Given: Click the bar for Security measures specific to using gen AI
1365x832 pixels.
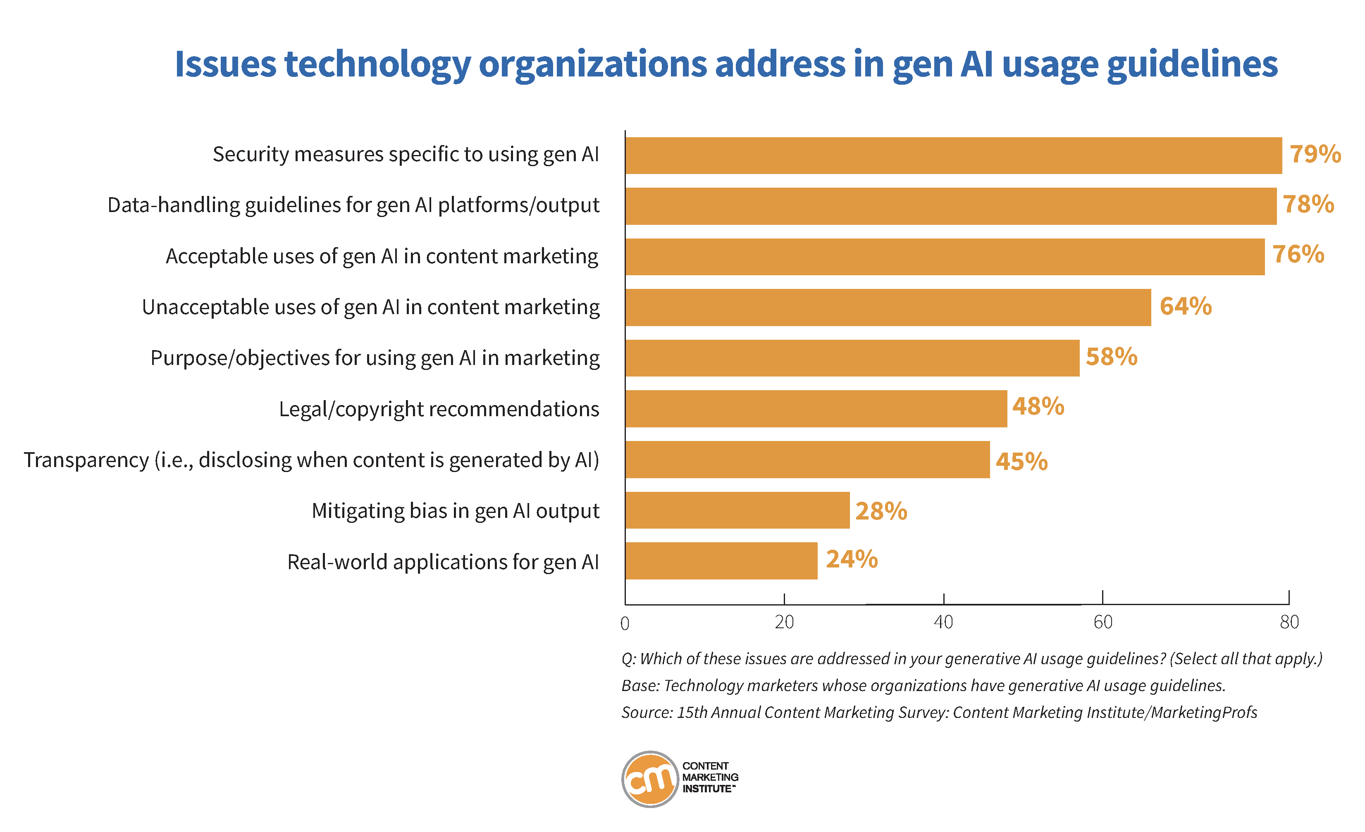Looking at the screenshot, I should click(x=953, y=156).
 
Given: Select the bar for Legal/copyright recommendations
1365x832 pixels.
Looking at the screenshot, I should click(x=816, y=408).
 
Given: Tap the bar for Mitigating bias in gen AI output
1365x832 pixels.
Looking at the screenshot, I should click(x=737, y=510).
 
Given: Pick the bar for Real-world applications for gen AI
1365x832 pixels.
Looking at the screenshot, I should click(x=721, y=560).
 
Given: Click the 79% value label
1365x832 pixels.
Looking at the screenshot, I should click(x=1315, y=154).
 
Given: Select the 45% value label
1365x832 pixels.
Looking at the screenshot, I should click(x=1021, y=461).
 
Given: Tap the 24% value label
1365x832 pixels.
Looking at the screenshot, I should click(x=852, y=559).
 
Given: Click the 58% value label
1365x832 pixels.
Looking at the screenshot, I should click(x=1111, y=357).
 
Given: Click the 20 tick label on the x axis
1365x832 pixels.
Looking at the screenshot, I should click(x=784, y=622).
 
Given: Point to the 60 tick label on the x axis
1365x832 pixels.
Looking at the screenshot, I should click(x=1102, y=622).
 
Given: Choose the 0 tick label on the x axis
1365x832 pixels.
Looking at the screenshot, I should click(x=625, y=624).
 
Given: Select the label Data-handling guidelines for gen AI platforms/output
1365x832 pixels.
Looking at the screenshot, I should click(x=353, y=205).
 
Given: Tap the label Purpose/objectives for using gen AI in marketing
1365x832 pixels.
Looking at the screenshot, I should click(x=375, y=358).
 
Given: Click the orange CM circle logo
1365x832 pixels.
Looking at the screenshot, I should click(x=650, y=779).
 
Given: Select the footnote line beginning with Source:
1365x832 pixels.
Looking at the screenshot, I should click(x=938, y=713).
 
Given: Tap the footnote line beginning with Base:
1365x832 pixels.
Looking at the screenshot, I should click(x=923, y=686).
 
